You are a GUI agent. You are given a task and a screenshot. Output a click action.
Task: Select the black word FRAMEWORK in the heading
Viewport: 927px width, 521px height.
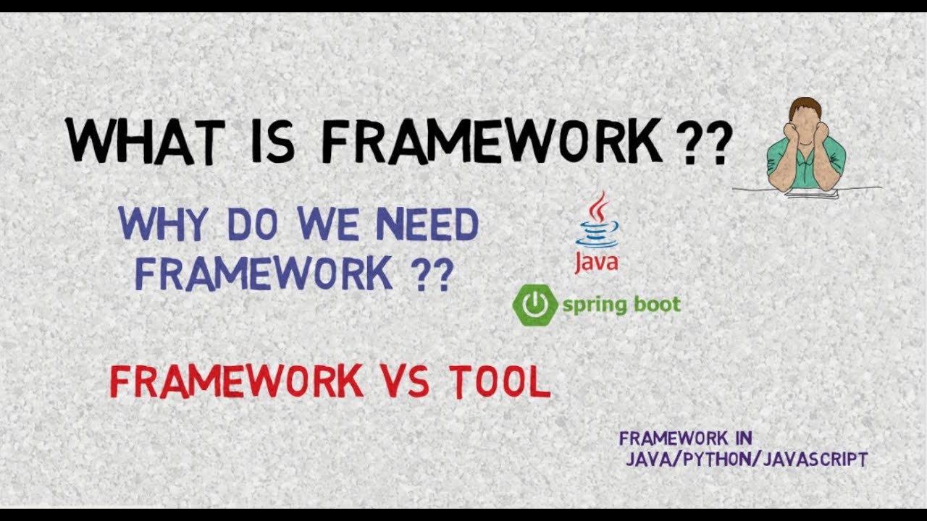(492, 141)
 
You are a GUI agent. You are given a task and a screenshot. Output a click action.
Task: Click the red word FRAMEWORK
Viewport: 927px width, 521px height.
(236, 381)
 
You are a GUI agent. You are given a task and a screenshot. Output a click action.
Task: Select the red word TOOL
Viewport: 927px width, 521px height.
(500, 381)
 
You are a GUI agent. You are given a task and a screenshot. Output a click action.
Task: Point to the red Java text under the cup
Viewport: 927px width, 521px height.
(597, 261)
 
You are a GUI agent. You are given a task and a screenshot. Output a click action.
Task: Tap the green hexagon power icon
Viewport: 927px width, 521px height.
(535, 305)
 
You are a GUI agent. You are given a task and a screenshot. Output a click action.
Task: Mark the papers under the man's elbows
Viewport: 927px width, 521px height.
(811, 193)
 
